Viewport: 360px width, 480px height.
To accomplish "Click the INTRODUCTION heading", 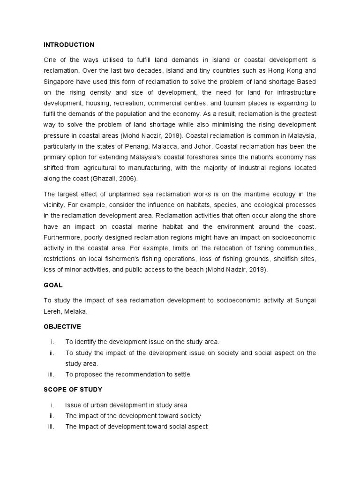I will point(69,45).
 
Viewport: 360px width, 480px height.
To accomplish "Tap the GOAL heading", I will point(53,285).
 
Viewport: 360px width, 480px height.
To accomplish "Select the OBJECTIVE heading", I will point(62,326).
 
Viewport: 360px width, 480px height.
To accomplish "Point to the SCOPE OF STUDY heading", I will point(73,390).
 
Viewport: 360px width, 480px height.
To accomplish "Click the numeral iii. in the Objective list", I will point(52,374).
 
